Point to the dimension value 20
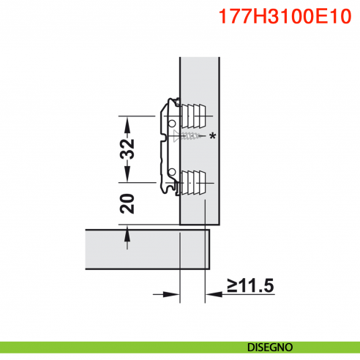128,203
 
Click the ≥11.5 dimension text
250,285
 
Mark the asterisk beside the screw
213,136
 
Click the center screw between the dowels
192,136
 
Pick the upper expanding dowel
193,114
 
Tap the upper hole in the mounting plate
171,125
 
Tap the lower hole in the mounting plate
171,172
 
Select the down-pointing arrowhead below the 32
128,174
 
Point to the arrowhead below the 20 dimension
128,233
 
